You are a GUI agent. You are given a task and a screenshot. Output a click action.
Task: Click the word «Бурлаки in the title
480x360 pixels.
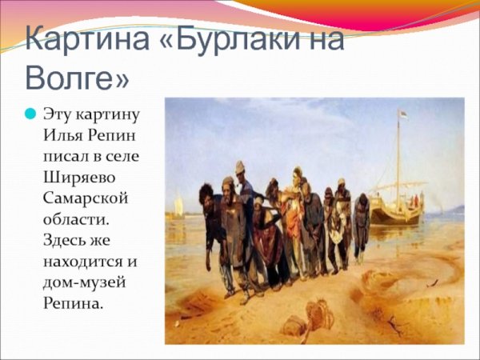(x=265, y=40)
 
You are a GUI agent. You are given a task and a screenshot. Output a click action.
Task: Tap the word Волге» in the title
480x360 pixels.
(x=75, y=78)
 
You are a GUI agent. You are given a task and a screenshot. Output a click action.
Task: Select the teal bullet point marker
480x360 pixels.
(x=30, y=114)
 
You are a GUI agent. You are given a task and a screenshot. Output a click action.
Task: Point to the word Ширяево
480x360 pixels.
(x=81, y=177)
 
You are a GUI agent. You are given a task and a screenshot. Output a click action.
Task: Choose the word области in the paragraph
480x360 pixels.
(x=74, y=218)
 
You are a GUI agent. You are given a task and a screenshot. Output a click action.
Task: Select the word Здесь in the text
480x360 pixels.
(x=66, y=239)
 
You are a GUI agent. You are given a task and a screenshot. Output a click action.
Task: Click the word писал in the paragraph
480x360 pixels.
(x=65, y=156)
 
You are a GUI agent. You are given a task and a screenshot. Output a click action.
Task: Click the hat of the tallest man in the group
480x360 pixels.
(x=240, y=166)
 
